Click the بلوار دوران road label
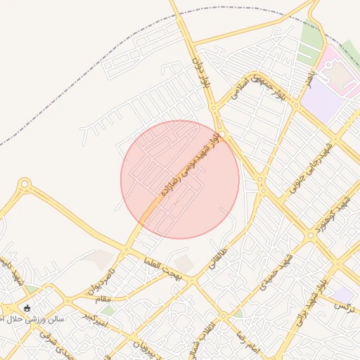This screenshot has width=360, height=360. [202, 71]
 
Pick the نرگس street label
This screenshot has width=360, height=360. [344, 307]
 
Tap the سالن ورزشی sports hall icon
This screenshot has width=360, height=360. [27, 307]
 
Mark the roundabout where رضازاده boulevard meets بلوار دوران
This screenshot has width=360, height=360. [221, 134]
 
